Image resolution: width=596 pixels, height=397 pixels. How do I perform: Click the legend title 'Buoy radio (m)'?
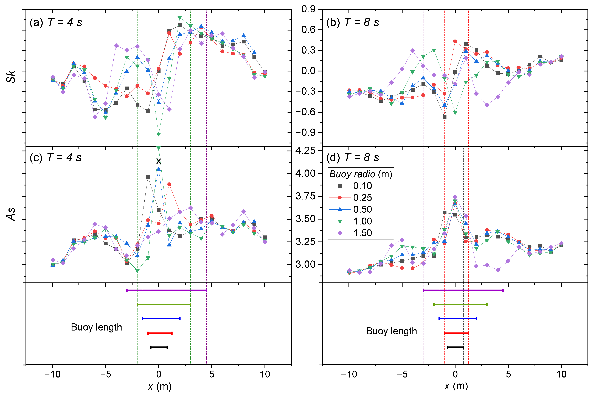coord(361,174)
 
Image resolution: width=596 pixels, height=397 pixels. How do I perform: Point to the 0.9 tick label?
coord(308,9)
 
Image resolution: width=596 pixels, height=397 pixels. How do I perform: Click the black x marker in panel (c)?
coord(159,161)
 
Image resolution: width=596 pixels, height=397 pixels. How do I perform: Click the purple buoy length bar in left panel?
coord(167,290)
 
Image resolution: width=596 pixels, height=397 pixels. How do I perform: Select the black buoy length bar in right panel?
coord(455,347)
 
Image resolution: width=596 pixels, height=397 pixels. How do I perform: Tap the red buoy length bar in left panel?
coord(160,333)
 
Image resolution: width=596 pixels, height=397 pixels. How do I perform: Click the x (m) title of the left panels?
coord(160,386)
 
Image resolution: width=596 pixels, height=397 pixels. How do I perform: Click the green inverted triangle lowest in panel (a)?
coord(159,134)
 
